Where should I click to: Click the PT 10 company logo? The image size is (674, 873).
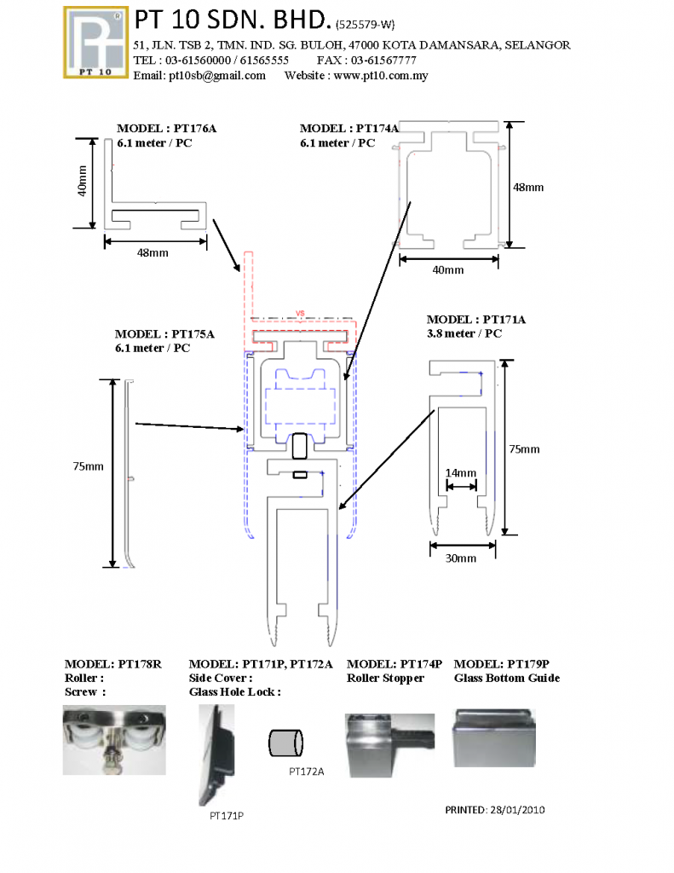point(96,43)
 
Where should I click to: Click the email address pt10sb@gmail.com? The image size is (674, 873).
point(216,76)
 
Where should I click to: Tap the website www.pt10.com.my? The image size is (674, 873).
point(380,76)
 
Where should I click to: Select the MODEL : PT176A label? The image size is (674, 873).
point(166,129)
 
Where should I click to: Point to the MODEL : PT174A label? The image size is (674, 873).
point(349,129)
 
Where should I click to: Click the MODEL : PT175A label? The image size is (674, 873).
point(164,334)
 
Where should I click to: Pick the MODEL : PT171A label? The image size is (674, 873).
point(476,320)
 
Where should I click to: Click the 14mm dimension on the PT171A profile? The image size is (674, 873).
point(460,473)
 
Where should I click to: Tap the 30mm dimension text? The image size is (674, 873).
point(461,558)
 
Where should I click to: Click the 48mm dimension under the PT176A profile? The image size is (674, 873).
point(153,253)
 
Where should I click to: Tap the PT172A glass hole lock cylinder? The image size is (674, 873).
point(285,742)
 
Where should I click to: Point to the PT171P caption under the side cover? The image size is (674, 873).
point(227,816)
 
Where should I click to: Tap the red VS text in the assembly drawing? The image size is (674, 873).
point(299,312)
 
